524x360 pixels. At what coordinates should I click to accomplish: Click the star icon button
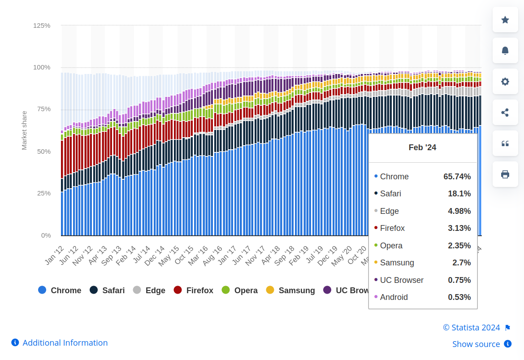(505, 20)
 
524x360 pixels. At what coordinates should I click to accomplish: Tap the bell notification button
(505, 51)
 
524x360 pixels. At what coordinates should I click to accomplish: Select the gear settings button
(505, 82)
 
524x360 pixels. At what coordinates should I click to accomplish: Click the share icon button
(505, 113)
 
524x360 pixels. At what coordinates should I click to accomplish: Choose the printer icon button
(505, 174)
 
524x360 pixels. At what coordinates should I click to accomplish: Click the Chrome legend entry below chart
(60, 291)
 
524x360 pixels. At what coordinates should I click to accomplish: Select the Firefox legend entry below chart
(194, 291)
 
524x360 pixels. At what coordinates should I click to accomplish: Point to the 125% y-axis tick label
(42, 26)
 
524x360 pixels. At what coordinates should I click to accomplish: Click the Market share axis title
(24, 130)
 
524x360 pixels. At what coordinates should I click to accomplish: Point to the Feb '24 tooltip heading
(422, 147)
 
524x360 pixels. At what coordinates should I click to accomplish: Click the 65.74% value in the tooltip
(457, 177)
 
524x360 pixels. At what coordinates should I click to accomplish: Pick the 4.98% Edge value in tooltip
(459, 211)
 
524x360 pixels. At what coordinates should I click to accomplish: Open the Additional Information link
(65, 343)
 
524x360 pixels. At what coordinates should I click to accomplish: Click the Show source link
(476, 344)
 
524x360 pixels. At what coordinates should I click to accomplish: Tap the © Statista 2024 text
(471, 328)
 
